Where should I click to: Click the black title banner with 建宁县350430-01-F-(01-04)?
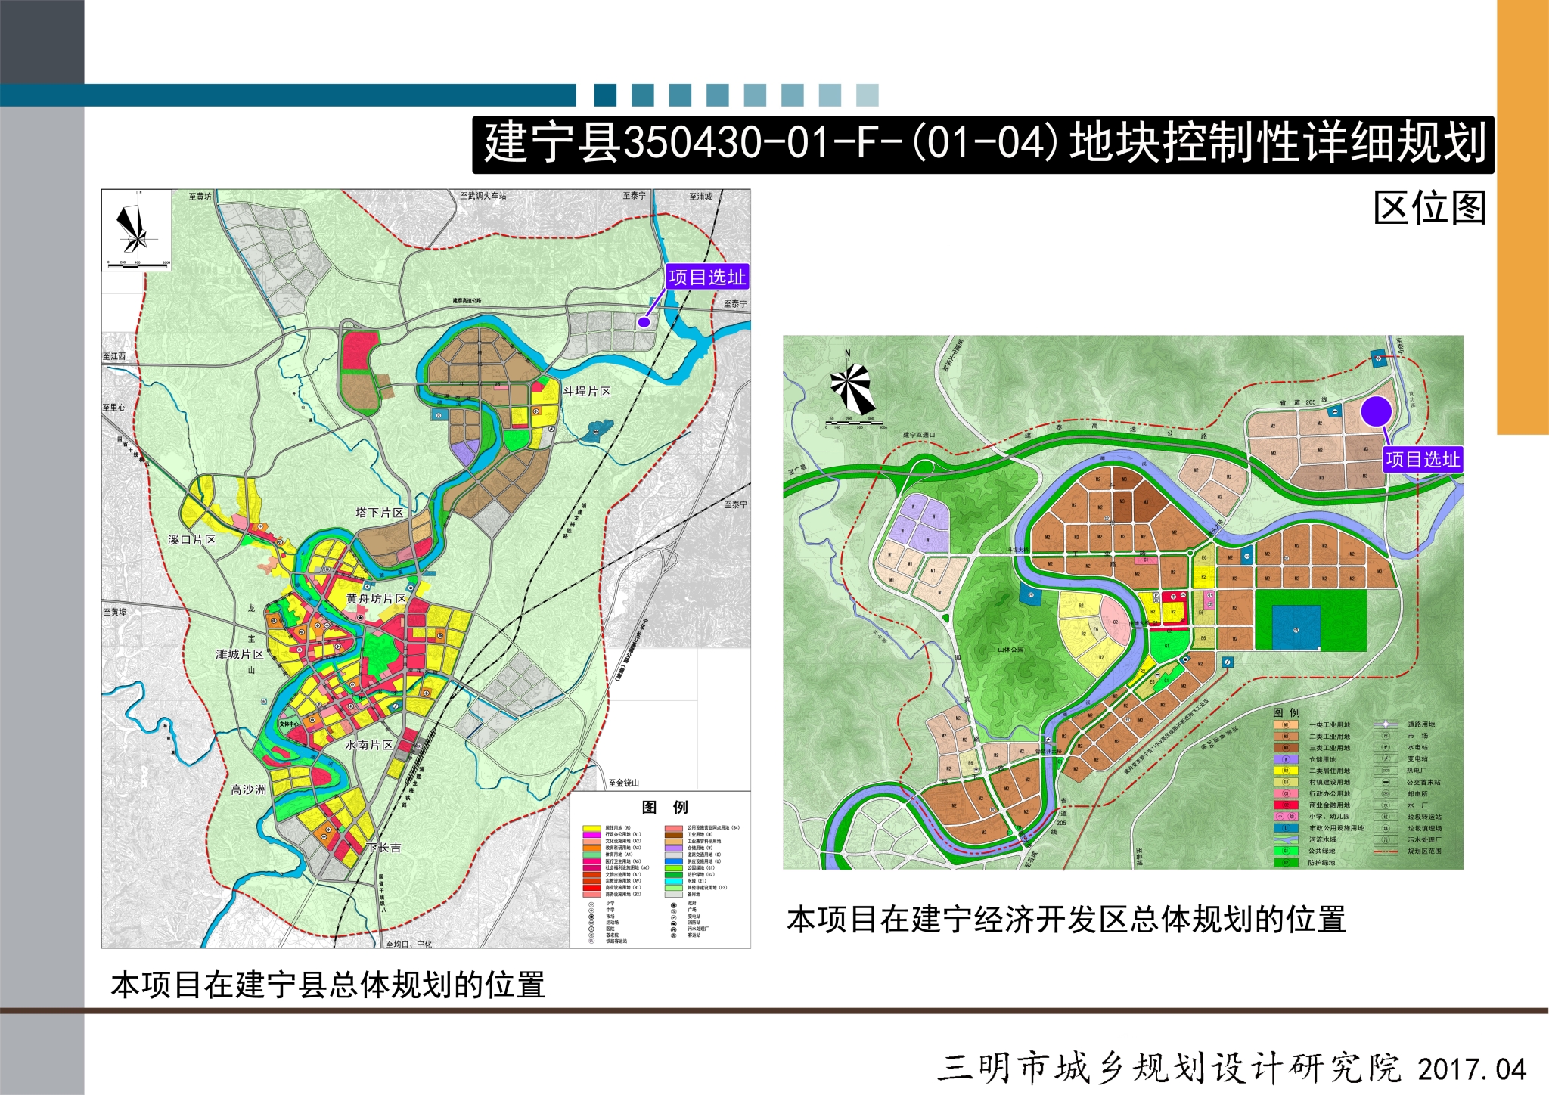pyautogui.click(x=983, y=144)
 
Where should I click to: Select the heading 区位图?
pyautogui.click(x=1429, y=208)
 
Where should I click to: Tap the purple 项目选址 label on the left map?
pyautogui.click(x=706, y=277)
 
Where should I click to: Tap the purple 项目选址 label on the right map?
pyautogui.click(x=1423, y=460)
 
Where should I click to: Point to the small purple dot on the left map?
pyautogui.click(x=644, y=321)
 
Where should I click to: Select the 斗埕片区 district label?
pyautogui.click(x=586, y=391)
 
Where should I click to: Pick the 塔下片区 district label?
pyautogui.click(x=380, y=513)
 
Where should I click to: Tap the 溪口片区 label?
pyautogui.click(x=192, y=539)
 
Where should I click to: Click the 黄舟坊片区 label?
pyautogui.click(x=376, y=598)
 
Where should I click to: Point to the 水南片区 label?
pyautogui.click(x=368, y=745)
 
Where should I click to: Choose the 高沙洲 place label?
pyautogui.click(x=248, y=789)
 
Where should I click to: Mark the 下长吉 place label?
pyautogui.click(x=384, y=848)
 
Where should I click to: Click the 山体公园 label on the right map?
pyautogui.click(x=1010, y=649)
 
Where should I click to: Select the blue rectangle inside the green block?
pyautogui.click(x=1296, y=627)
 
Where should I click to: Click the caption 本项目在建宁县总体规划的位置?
pyautogui.click(x=327, y=985)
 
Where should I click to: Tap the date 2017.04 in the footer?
pyautogui.click(x=1472, y=1069)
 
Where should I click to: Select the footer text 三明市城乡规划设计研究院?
pyautogui.click(x=1169, y=1069)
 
